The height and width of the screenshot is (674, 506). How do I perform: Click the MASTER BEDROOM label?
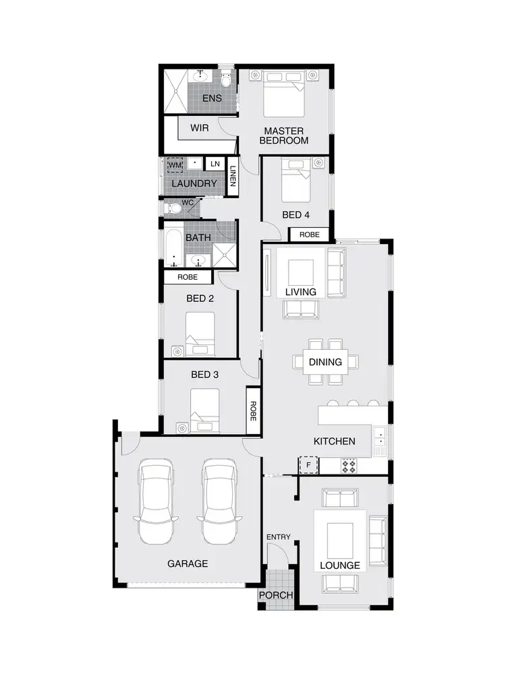(x=284, y=135)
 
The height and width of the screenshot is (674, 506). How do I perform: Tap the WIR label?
(x=199, y=128)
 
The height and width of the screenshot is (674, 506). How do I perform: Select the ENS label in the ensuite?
(x=212, y=98)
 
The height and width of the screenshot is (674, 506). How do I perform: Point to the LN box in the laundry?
(x=215, y=164)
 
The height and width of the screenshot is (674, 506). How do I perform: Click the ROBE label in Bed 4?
(x=310, y=235)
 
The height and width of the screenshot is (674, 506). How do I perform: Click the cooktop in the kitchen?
(x=349, y=465)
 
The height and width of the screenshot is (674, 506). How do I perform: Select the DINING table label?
(x=325, y=362)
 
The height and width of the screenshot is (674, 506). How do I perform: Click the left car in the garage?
(x=156, y=502)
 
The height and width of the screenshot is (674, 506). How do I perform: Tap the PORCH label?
(x=277, y=596)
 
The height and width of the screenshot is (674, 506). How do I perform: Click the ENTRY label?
(x=278, y=537)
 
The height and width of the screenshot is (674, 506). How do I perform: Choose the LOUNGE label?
(x=340, y=565)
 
